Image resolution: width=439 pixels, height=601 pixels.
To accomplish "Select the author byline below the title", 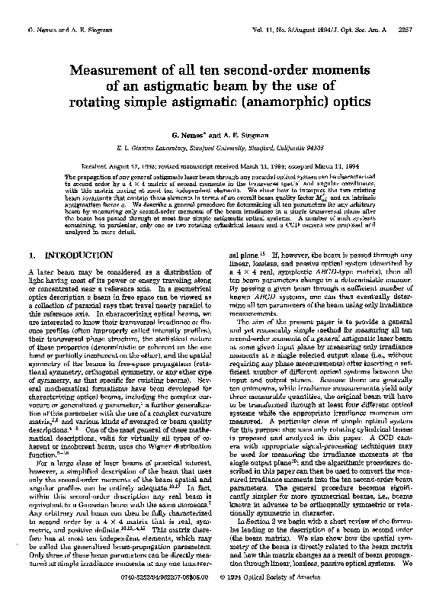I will pyautogui.click(x=219, y=133).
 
